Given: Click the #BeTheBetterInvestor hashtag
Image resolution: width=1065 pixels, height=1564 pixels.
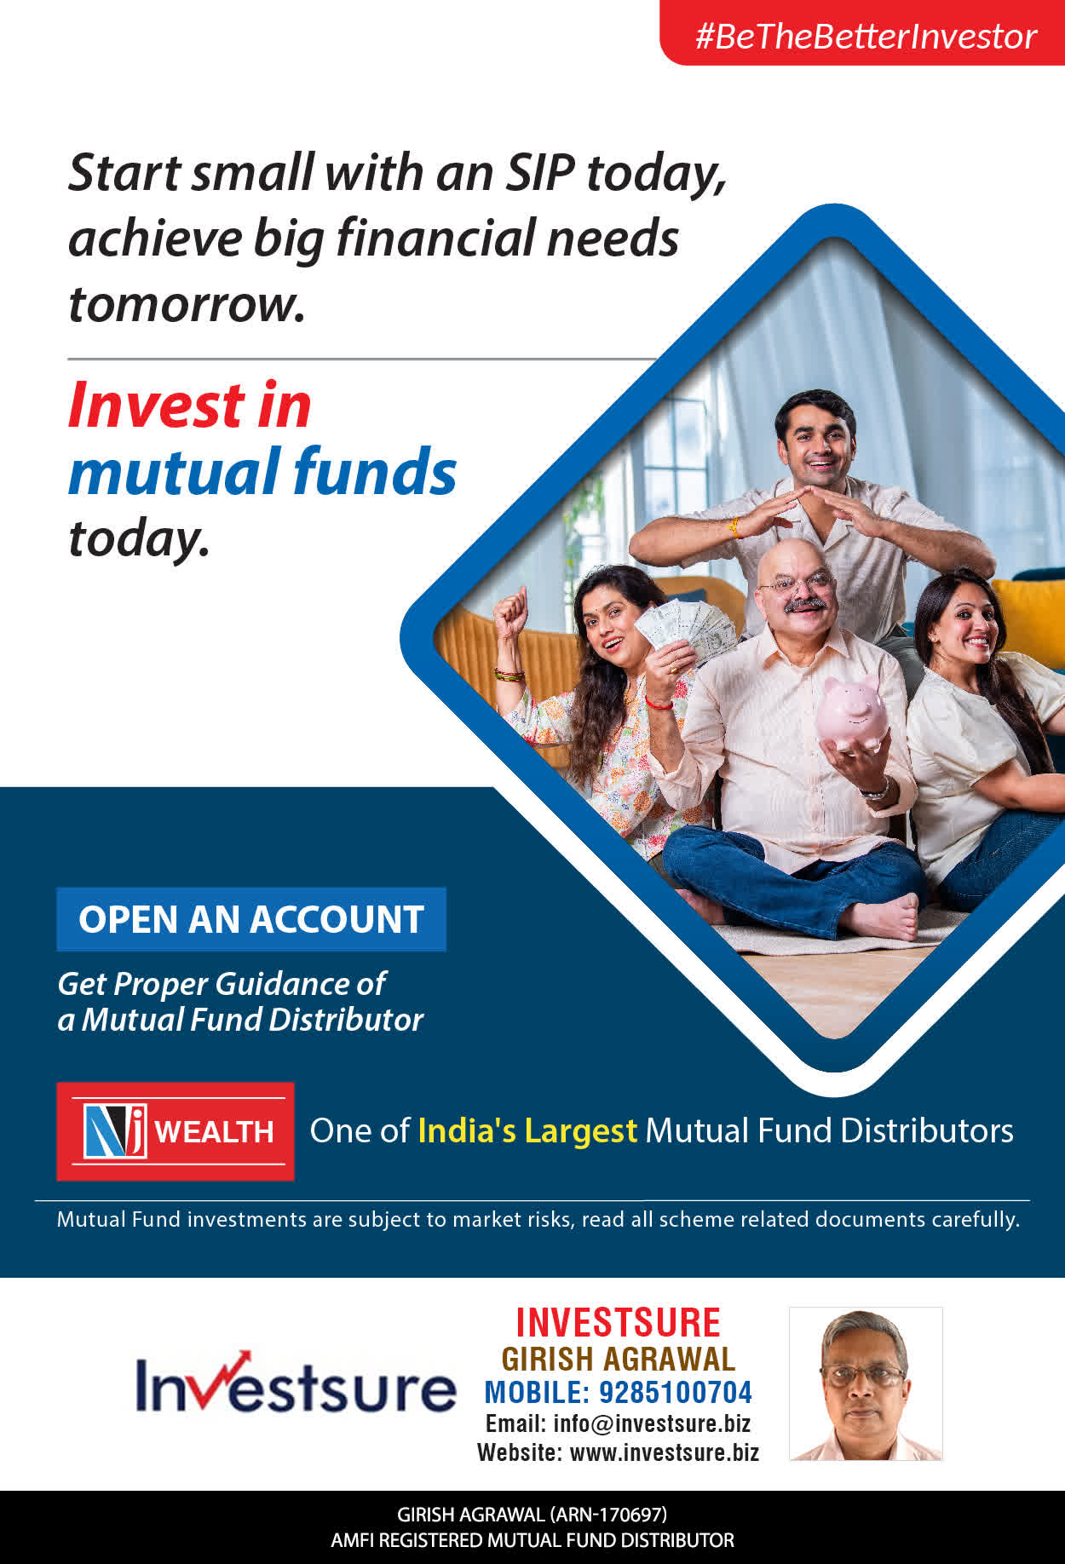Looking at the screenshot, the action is [x=866, y=37].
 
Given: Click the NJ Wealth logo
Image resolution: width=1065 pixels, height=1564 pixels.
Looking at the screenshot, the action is [x=176, y=1131].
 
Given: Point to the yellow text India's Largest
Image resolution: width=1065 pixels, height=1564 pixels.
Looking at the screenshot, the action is [x=527, y=1130].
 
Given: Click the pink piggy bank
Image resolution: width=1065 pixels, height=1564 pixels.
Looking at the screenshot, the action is [x=852, y=712].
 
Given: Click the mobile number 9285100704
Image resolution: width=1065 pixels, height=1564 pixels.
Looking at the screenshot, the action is [x=676, y=1392].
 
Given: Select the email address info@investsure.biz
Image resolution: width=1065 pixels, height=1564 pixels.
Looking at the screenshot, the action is [x=652, y=1423].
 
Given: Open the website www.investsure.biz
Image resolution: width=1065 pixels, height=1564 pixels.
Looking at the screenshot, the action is [x=665, y=1452].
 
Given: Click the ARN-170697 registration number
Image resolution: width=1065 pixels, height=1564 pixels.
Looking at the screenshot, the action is [x=608, y=1514].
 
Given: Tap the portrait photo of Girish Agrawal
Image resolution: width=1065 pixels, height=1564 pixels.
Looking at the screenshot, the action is [x=866, y=1383].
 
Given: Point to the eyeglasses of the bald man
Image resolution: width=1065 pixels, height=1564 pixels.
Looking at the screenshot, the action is [x=796, y=584].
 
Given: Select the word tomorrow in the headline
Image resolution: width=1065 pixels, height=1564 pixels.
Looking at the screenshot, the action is [x=187, y=304].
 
